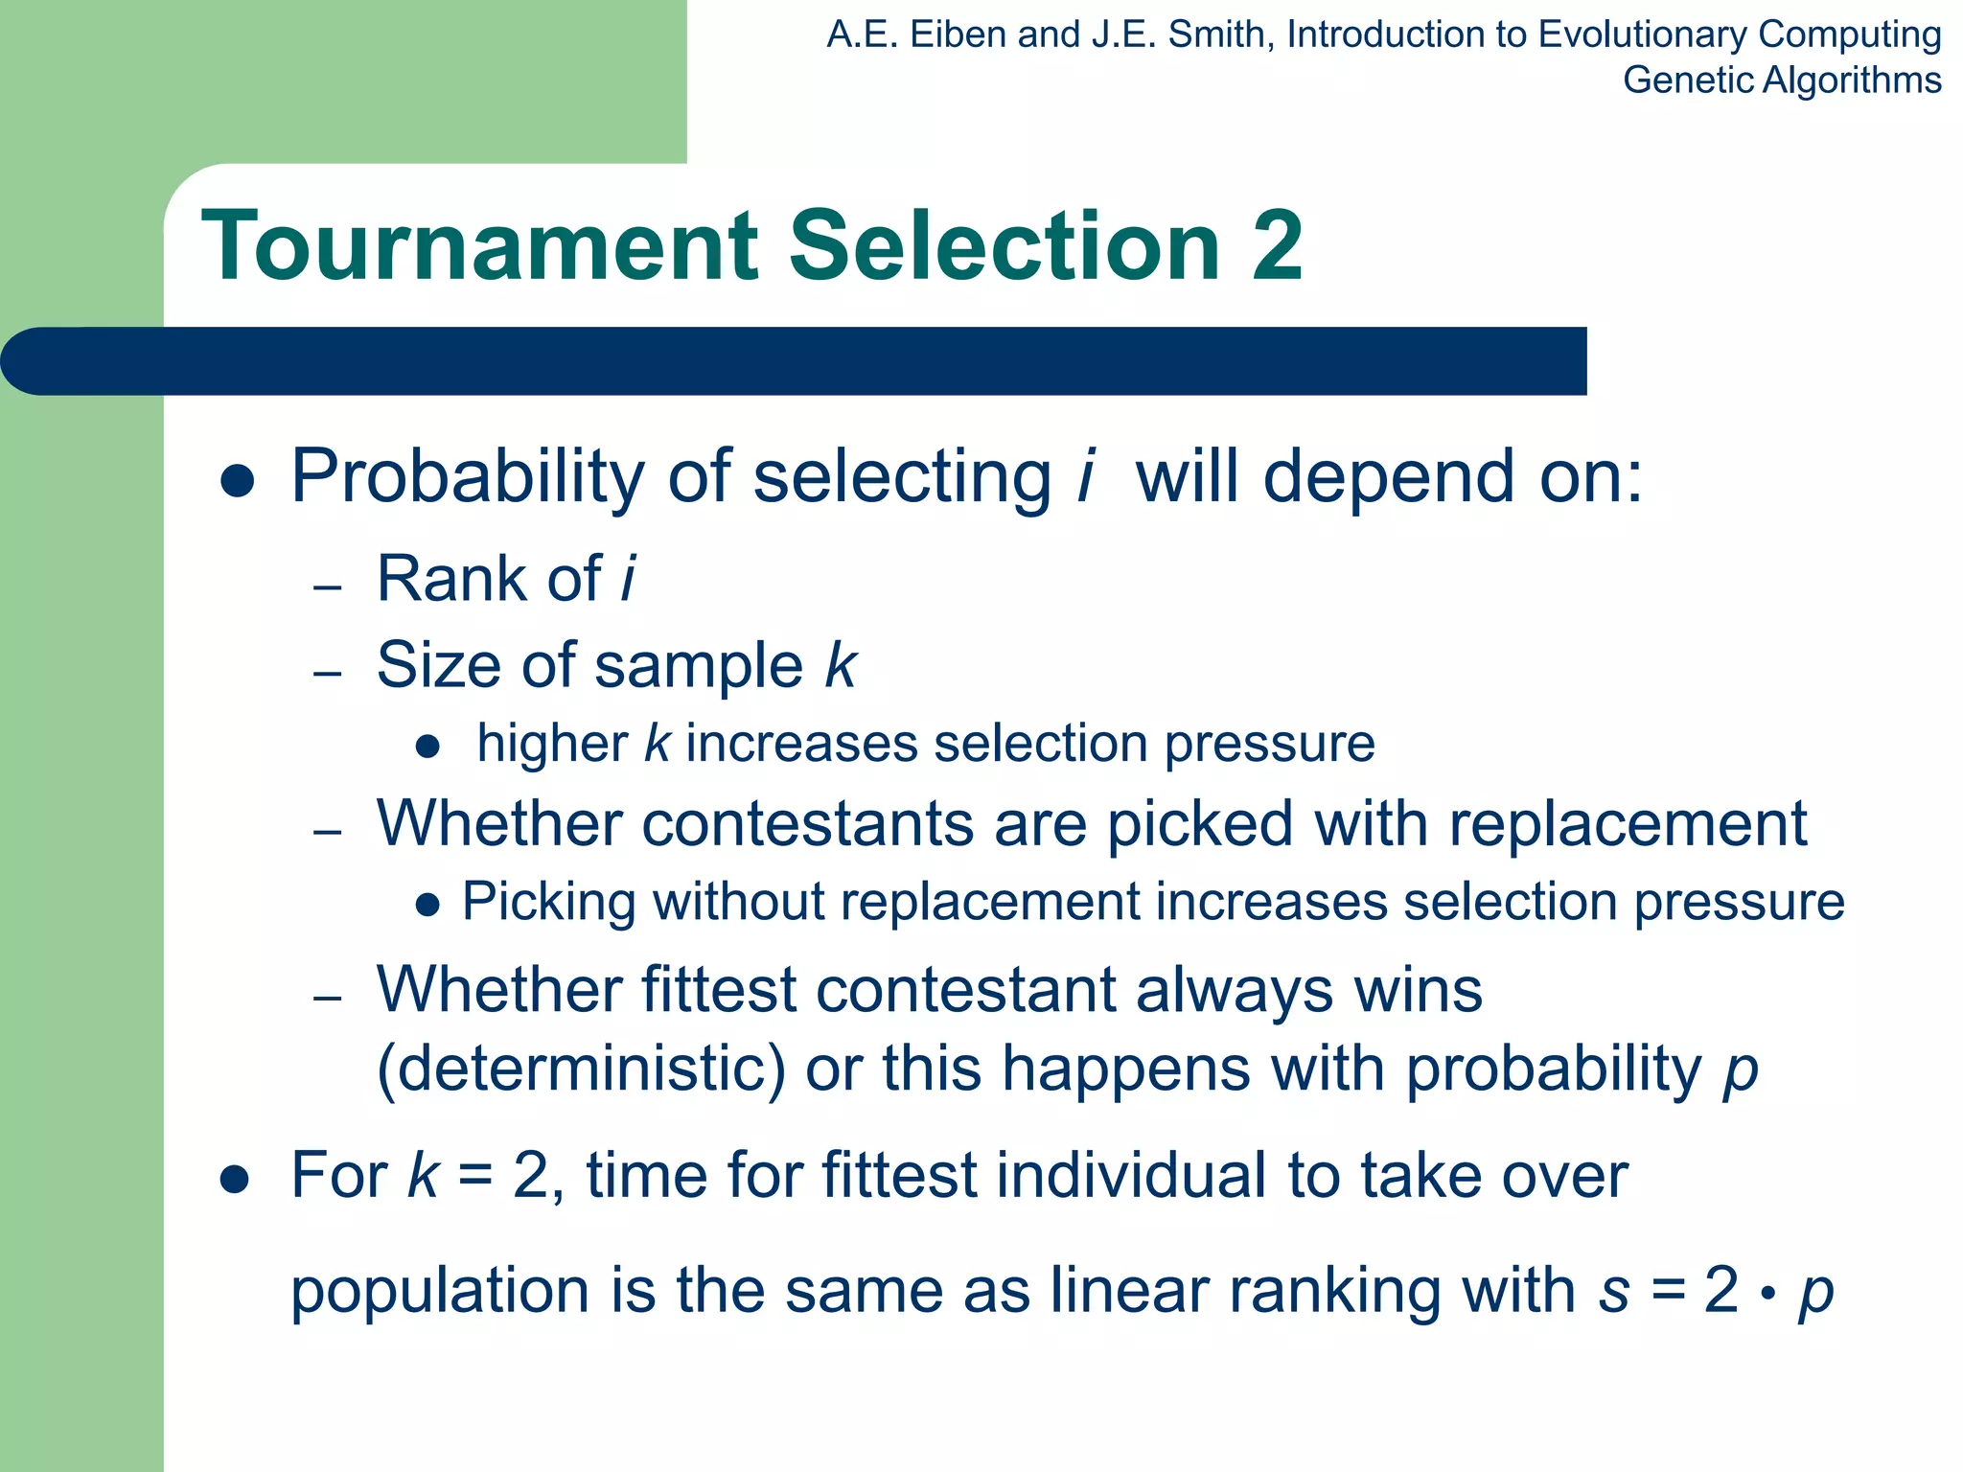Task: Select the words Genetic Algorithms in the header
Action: [x=1782, y=80]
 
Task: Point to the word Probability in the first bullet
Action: [x=468, y=476]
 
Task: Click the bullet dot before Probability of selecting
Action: [x=237, y=481]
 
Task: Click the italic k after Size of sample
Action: [x=841, y=665]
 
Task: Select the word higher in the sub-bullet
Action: [x=552, y=744]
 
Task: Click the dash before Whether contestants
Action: [x=328, y=831]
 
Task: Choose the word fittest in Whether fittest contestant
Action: [x=718, y=990]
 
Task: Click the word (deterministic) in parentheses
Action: [x=581, y=1069]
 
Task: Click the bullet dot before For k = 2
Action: [x=235, y=1181]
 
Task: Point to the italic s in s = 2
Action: [x=1614, y=1291]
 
